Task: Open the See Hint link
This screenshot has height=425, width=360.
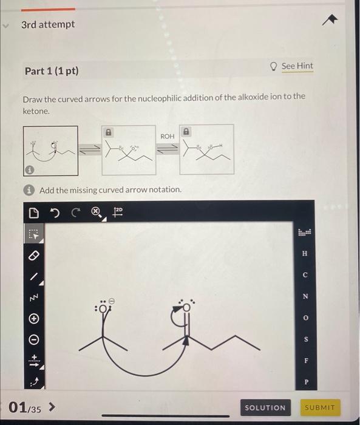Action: [296, 66]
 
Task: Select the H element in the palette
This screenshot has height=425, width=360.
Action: [305, 253]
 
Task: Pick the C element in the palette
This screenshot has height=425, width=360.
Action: [305, 275]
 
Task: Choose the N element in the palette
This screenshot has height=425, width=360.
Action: [305, 296]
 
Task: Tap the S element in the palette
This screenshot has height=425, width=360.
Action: [305, 339]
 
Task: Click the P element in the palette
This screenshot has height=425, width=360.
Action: [305, 382]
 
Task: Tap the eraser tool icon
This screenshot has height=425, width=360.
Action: [34, 254]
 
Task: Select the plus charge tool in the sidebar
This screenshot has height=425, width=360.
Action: [34, 318]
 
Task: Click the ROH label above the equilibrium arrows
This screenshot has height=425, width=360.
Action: [168, 137]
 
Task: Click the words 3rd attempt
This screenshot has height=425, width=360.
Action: [48, 24]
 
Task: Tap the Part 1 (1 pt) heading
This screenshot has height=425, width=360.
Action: [52, 71]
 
